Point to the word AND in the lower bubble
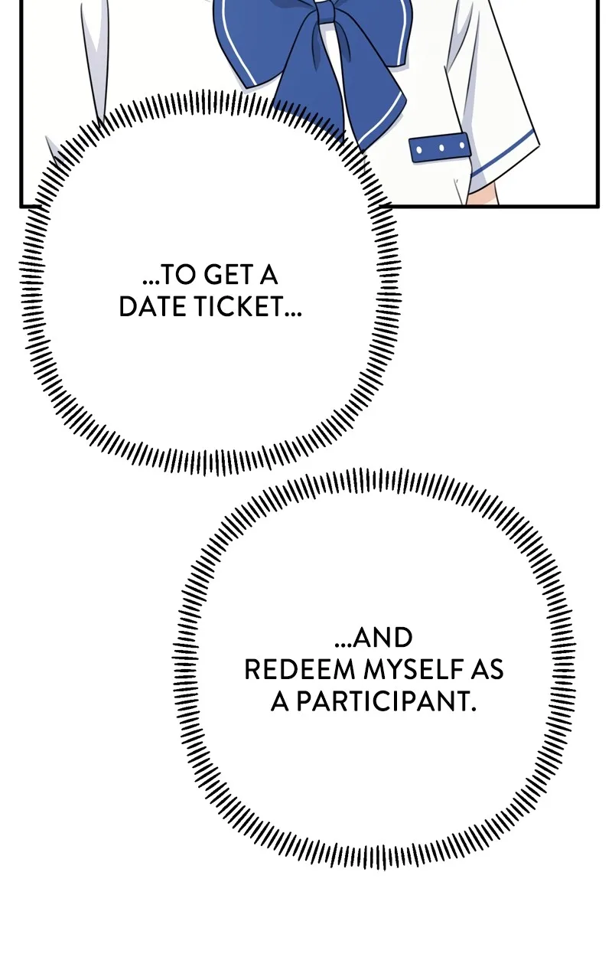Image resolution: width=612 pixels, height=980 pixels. point(382,638)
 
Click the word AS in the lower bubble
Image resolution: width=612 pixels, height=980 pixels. point(487,669)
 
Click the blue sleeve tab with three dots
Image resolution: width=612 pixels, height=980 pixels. point(440,149)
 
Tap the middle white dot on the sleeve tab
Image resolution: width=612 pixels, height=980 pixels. point(441,148)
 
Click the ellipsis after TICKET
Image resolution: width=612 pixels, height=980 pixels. point(293,314)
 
